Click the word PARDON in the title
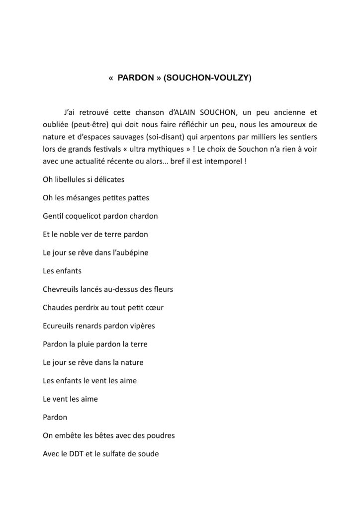coord(136,78)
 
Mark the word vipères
coord(142,326)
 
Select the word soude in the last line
coord(148,454)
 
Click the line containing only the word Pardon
coord(55,417)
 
